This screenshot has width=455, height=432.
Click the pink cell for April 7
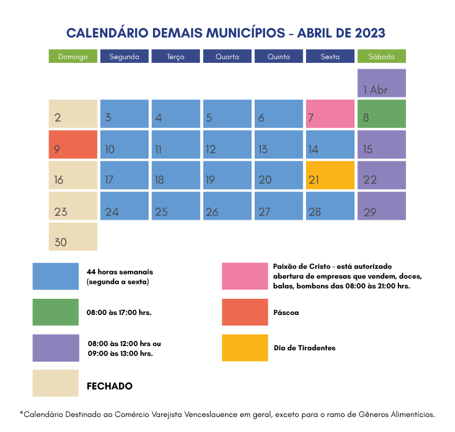click(330, 114)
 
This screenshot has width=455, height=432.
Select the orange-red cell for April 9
click(73, 144)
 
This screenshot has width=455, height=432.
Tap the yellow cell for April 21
click(330, 175)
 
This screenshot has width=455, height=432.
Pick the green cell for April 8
click(381, 114)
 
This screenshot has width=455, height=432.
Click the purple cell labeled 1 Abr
click(381, 83)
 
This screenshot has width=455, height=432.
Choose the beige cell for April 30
click(73, 236)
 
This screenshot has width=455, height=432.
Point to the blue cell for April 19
click(227, 175)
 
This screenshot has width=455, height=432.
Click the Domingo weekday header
click(73, 57)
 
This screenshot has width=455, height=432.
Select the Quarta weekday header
click(227, 57)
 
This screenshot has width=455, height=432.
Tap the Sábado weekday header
click(381, 57)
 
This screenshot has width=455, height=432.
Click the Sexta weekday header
click(330, 57)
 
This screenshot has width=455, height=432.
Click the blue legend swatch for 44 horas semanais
click(55, 276)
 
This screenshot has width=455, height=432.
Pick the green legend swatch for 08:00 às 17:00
click(55, 312)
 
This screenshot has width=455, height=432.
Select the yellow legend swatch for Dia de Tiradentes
click(245, 348)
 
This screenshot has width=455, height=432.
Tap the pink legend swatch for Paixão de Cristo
click(245, 276)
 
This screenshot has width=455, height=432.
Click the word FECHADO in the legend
click(109, 386)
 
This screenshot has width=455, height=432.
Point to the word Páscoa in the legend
click(286, 312)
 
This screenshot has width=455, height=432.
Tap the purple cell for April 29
click(381, 206)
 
